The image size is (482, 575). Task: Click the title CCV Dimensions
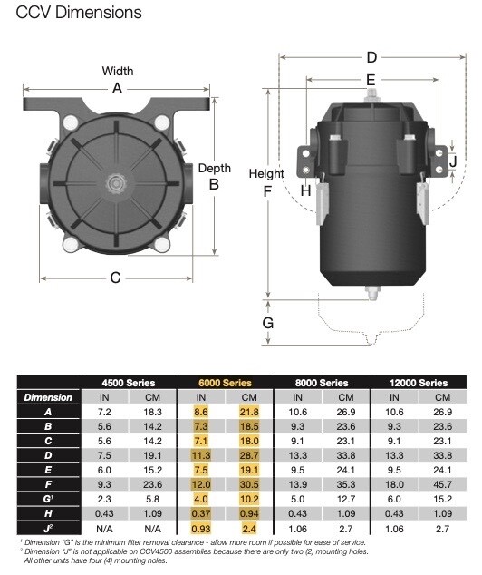click(x=79, y=13)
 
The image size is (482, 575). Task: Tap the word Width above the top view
click(x=117, y=71)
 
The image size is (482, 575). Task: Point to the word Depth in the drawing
click(x=214, y=169)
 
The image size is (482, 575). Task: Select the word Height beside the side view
click(x=266, y=173)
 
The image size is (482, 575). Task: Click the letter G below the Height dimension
click(x=267, y=322)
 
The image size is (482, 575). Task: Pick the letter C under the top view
click(x=115, y=278)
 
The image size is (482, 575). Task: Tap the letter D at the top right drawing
click(x=371, y=56)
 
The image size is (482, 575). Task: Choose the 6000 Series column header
click(x=224, y=383)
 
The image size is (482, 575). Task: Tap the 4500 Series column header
click(x=130, y=383)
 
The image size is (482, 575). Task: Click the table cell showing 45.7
click(x=441, y=484)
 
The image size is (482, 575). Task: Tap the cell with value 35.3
click(x=346, y=484)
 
